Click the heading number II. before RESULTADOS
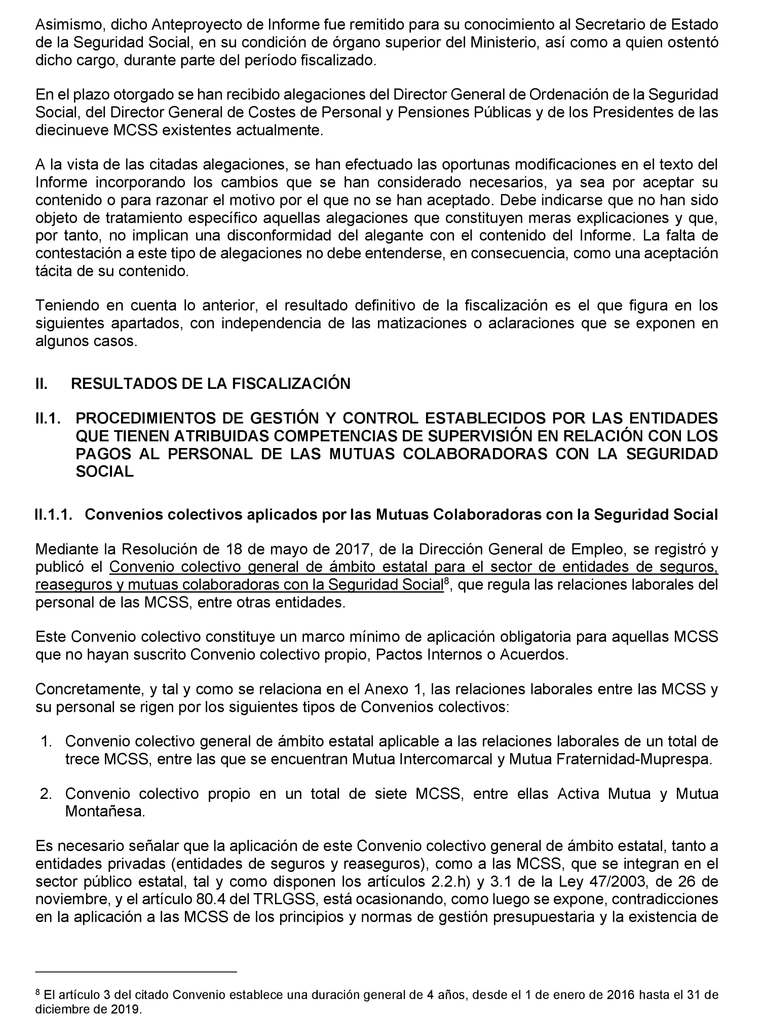pos(41,383)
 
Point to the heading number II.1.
pos(48,418)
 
